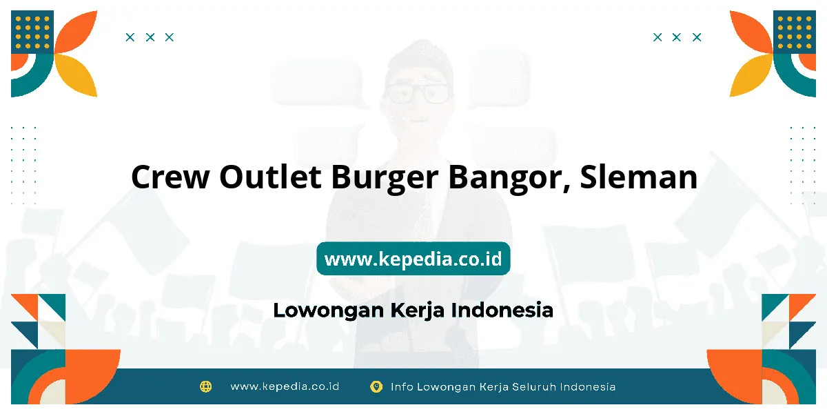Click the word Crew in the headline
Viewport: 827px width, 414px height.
pos(170,177)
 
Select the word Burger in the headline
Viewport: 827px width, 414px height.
pos(385,178)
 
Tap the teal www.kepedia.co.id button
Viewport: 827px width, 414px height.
pos(413,258)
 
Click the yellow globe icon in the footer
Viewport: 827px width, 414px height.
pos(205,386)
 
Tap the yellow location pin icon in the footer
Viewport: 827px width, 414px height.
pos(376,386)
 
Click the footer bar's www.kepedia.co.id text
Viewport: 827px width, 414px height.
pos(285,386)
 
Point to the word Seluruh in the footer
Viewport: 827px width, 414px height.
pos(534,386)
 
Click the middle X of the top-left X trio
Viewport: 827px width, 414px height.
pos(150,37)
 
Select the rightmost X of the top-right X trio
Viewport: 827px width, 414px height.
pos(697,37)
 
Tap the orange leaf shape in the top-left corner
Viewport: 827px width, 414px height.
pos(76,32)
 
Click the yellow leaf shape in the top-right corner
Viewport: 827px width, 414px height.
pos(751,75)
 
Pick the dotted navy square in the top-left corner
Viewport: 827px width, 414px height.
pos(32,32)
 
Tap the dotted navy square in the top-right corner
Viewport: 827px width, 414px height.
pos(795,32)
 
